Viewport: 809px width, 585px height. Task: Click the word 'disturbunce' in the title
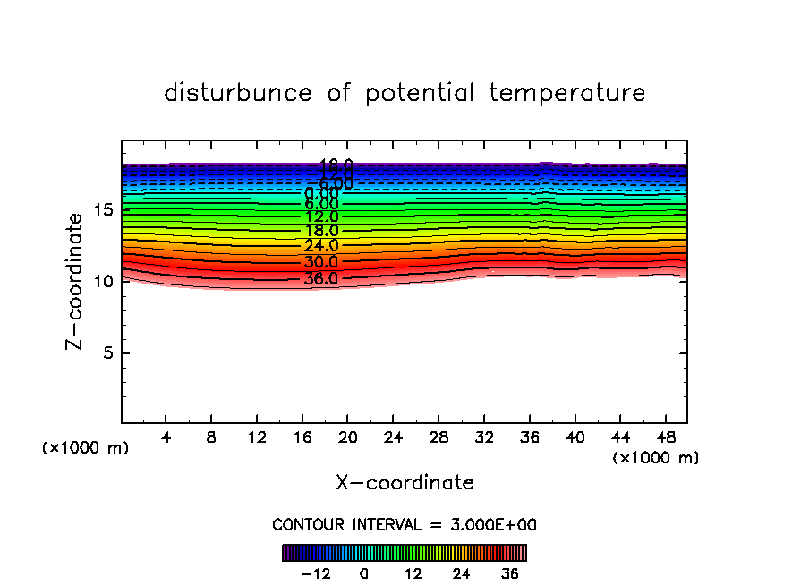(238, 93)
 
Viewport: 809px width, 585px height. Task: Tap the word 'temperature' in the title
(566, 93)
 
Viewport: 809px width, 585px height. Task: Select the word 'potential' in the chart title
(420, 93)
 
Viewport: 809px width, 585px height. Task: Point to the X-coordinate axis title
(404, 483)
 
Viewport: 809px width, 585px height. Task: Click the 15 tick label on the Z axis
(102, 210)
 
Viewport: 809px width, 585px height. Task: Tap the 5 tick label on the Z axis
(106, 352)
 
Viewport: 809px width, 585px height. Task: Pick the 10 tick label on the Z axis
(102, 281)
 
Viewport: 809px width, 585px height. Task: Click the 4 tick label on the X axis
(166, 438)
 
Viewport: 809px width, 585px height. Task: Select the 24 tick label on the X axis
(393, 438)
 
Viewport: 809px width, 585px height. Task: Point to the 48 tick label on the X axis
(665, 438)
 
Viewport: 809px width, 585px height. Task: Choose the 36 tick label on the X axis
(529, 438)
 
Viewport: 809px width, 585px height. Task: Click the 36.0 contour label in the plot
(321, 278)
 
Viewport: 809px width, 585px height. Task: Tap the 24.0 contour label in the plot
(321, 246)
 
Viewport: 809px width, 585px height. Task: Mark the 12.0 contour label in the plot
(321, 216)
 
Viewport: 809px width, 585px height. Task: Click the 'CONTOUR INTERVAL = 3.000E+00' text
(404, 524)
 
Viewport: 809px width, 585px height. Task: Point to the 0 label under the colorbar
(364, 573)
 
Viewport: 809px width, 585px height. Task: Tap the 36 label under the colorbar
(510, 573)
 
